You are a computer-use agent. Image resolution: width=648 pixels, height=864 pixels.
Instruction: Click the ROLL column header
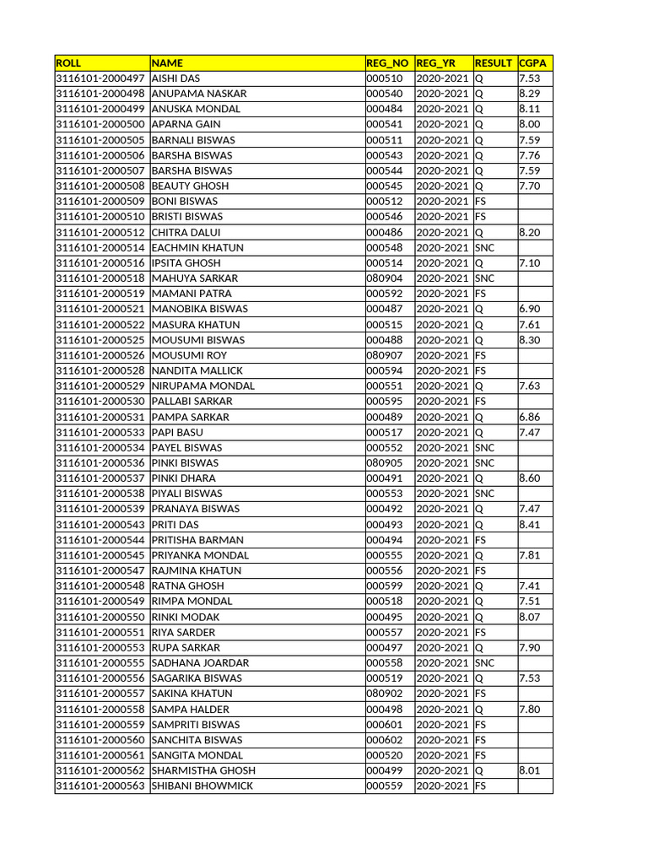(x=67, y=63)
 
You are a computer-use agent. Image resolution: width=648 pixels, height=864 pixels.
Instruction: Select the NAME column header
(x=167, y=63)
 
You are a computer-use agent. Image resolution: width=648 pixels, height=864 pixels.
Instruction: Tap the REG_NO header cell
(x=388, y=63)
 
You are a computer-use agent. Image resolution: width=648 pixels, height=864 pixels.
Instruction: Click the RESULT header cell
(x=494, y=63)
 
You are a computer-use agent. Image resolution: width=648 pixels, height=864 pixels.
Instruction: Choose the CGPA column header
(x=533, y=63)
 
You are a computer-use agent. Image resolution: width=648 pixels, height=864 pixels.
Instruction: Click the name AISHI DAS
(x=175, y=78)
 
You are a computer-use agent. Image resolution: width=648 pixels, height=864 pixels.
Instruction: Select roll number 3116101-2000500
(x=100, y=124)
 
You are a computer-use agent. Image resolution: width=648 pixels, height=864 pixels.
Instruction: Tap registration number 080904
(x=384, y=278)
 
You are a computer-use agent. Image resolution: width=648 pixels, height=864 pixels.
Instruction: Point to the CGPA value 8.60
(x=530, y=478)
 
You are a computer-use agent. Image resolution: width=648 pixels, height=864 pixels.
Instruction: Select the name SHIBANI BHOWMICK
(x=202, y=786)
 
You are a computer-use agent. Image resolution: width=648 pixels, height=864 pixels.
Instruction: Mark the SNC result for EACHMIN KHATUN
(x=484, y=248)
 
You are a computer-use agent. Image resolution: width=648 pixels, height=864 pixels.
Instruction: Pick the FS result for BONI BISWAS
(x=480, y=202)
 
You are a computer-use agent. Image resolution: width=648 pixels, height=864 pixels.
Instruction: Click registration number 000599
(x=384, y=586)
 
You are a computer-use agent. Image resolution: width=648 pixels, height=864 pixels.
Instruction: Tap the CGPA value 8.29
(x=530, y=94)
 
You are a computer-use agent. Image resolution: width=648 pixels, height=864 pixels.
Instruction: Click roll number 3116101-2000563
(x=100, y=786)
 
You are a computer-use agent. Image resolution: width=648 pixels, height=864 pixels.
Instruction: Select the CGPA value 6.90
(x=530, y=309)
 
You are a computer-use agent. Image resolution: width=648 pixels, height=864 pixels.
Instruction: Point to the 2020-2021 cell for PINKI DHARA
(x=443, y=478)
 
